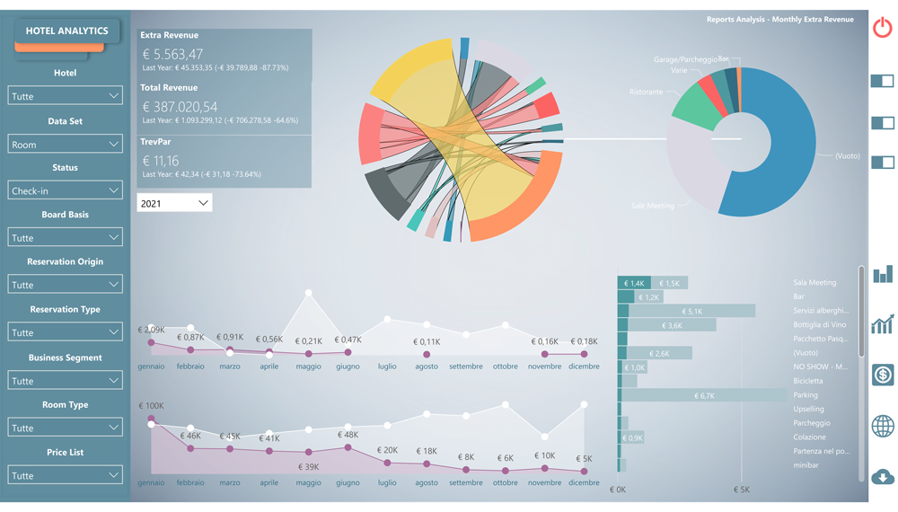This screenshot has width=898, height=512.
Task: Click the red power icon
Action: click(882, 28)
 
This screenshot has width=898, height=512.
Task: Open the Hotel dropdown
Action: click(65, 96)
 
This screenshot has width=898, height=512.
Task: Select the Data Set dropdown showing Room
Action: click(65, 144)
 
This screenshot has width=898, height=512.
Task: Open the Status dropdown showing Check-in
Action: click(65, 190)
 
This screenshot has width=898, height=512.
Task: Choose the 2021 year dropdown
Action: click(174, 203)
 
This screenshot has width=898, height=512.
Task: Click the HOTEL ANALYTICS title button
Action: click(66, 31)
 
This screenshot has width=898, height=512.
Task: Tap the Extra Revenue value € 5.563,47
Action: click(173, 54)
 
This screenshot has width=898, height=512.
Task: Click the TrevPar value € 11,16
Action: click(161, 160)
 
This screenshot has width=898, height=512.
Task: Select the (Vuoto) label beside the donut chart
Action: click(847, 156)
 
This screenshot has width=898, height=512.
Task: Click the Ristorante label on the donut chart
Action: click(646, 92)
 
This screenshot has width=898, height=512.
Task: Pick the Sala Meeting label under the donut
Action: click(652, 206)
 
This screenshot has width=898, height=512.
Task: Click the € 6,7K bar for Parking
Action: click(704, 395)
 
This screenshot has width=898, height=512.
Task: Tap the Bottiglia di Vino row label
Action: click(819, 325)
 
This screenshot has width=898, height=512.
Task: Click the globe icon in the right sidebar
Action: click(882, 425)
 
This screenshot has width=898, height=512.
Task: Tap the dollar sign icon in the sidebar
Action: click(882, 374)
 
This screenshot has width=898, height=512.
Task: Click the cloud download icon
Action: click(882, 476)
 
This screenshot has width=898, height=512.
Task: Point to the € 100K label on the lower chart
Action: click(151, 406)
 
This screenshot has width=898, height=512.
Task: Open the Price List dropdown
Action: click(65, 475)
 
